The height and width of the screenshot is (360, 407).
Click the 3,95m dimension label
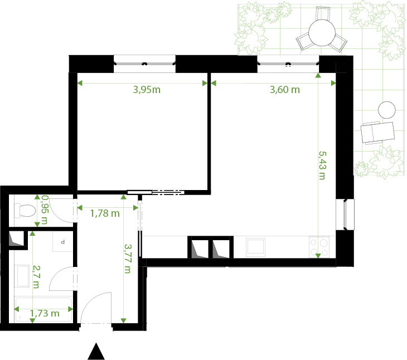147,90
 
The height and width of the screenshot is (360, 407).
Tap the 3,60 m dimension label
285,90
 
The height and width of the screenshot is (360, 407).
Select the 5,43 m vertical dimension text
322,166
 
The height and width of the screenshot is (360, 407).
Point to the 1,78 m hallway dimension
105,213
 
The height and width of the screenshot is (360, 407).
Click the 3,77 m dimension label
128,259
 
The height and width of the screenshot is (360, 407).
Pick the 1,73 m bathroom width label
45,313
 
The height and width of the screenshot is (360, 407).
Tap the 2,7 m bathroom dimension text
36,277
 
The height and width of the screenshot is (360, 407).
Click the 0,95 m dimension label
45,210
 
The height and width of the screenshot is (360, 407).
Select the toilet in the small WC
25,210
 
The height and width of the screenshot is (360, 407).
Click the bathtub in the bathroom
43,310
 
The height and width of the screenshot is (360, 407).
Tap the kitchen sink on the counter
256,247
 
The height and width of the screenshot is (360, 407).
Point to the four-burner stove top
319,247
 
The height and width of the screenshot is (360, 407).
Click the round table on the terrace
322,33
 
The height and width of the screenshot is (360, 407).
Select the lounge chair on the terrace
377,133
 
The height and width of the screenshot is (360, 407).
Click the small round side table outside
387,110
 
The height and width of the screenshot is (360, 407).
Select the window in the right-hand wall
345,214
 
